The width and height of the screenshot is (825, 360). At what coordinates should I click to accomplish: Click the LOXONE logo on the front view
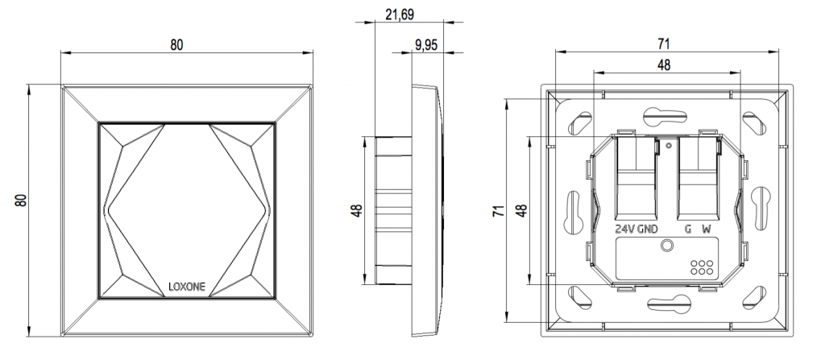coord(185,285)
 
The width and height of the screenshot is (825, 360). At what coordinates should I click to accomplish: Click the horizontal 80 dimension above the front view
coord(176,45)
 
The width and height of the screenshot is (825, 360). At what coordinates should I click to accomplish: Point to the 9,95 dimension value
coord(425,46)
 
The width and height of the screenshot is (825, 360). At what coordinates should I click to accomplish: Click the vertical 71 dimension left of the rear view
coord(499,211)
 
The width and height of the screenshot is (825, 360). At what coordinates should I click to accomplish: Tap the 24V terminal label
coord(624,230)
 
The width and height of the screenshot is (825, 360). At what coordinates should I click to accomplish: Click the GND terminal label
coord(649,230)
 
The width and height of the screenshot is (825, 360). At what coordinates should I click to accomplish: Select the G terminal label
coord(687,230)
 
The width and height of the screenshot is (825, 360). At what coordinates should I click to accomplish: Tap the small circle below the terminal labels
coord(666,245)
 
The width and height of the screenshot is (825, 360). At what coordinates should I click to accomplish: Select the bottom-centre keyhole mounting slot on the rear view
coord(665,304)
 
